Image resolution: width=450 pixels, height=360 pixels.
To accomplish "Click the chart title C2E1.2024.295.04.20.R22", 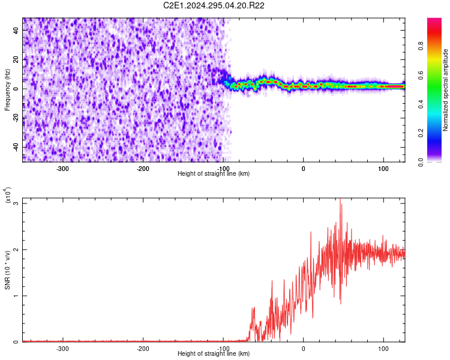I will tap(214, 5).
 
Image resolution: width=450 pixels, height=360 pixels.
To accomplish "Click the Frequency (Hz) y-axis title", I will tap(8, 90).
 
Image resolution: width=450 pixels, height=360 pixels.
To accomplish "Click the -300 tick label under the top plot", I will tap(63, 169).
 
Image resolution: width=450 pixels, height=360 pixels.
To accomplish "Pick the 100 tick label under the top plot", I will tap(383, 169).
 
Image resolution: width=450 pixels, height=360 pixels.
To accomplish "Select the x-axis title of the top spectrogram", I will tap(214, 174).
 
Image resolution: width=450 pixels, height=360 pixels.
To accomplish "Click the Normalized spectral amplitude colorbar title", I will tap(446, 90).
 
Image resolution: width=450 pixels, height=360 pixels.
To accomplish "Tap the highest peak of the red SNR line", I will tap(340, 199).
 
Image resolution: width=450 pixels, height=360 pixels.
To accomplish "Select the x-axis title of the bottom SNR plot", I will tap(214, 354).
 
